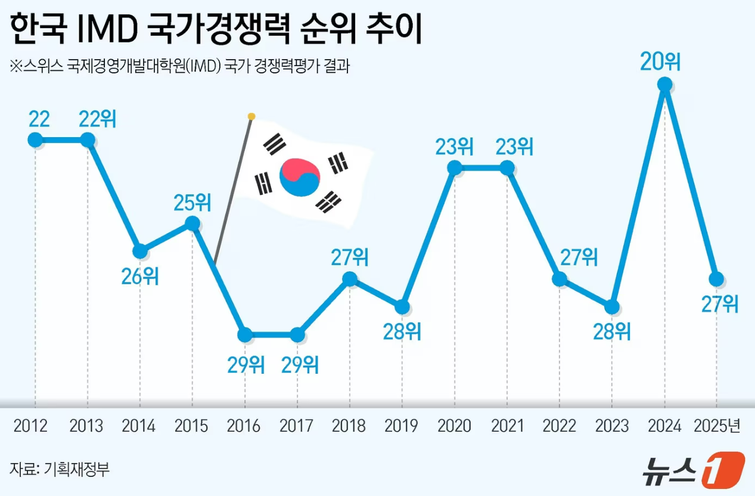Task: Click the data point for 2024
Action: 664,85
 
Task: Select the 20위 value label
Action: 660,62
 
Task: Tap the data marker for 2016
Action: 245,335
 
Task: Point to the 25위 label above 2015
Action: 192,203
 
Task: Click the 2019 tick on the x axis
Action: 402,426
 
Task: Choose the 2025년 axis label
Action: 717,426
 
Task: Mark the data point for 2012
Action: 35,140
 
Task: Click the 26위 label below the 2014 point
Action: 140,276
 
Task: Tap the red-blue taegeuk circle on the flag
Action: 300,177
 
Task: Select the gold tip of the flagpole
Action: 251,116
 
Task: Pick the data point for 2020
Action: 455,168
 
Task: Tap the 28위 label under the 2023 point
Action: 612,331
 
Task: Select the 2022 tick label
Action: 560,426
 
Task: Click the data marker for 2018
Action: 350,279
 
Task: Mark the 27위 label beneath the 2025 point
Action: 720,304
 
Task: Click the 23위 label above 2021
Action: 507,146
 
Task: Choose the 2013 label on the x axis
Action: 86,426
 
